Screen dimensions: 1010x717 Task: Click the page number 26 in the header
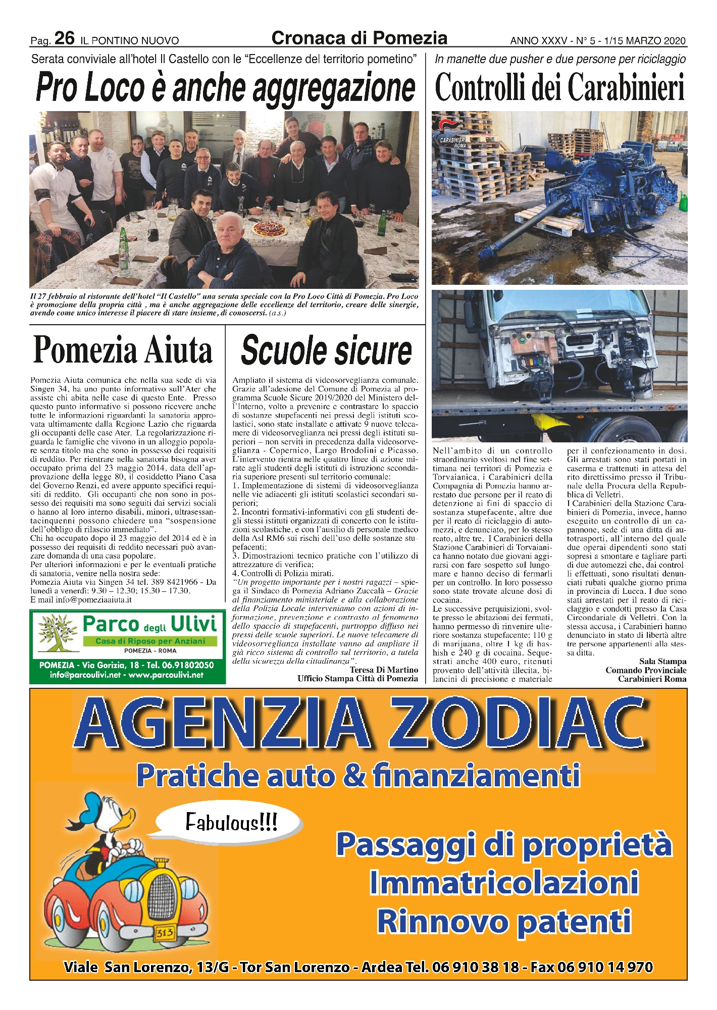64,38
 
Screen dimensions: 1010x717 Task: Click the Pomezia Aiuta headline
123,350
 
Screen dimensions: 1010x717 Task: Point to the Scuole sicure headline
326,350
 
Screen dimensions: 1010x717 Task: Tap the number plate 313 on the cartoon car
165,932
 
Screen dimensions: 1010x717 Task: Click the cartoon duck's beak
127,817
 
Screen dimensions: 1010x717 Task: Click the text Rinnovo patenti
504,921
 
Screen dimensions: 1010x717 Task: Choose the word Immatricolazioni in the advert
504,882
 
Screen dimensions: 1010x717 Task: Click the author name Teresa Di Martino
384,670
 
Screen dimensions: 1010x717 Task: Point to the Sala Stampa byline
662,662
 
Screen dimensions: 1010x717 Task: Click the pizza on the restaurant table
270,229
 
